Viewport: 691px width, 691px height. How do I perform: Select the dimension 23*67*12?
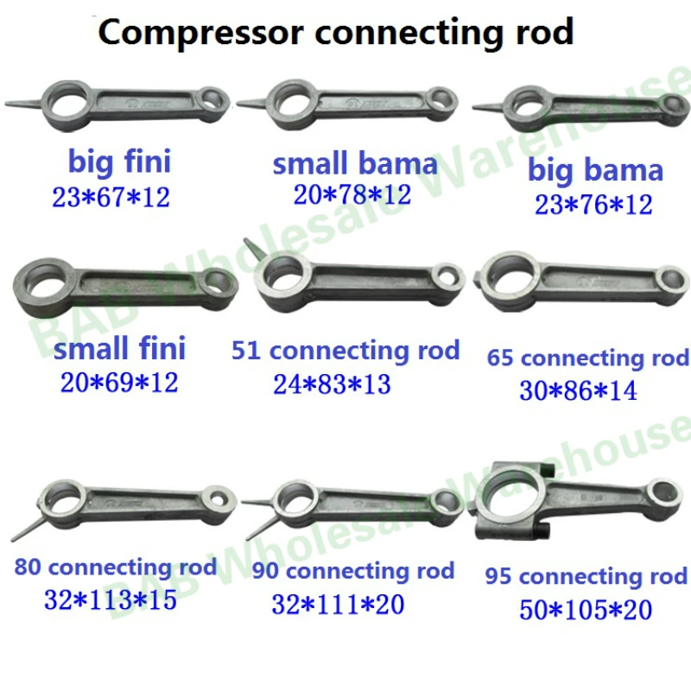111,198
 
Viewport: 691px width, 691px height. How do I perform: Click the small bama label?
355,163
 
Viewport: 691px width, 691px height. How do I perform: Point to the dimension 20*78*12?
352,195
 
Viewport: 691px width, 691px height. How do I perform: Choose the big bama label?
595,170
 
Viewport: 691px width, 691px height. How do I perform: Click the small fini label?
119,349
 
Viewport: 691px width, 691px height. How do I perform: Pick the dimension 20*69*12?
119,382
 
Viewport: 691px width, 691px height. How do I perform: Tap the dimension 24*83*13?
332,383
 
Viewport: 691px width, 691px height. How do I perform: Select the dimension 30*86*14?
579,390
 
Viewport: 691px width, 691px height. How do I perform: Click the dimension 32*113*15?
111,599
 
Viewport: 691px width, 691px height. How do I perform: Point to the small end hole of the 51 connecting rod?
447,279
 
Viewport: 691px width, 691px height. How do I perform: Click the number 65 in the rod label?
500,358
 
